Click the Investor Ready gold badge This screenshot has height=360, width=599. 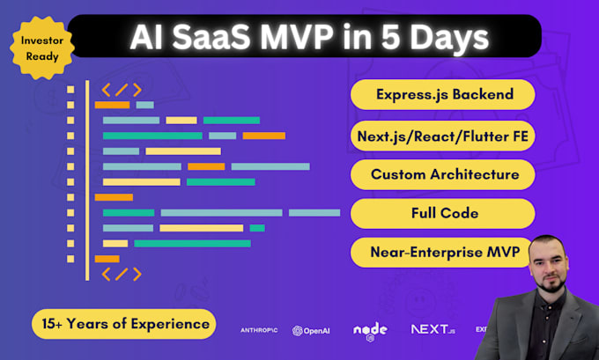point(42,48)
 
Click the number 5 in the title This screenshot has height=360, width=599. point(391,37)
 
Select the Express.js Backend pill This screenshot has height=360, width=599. point(443,94)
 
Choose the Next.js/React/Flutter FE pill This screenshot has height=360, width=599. point(443,136)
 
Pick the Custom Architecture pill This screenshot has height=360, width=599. point(443,174)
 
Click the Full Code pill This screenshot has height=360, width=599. point(443,213)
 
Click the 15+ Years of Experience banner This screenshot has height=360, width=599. point(124,324)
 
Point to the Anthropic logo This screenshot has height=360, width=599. point(259,330)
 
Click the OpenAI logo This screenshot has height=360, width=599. point(311,331)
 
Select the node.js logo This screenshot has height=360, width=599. point(370,331)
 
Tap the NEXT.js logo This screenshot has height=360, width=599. point(433,329)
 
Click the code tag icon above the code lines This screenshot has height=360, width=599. point(122,90)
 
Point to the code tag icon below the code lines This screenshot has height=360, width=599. point(122,274)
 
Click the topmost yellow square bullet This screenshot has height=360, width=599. point(70,90)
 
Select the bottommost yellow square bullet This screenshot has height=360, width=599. point(70,259)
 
